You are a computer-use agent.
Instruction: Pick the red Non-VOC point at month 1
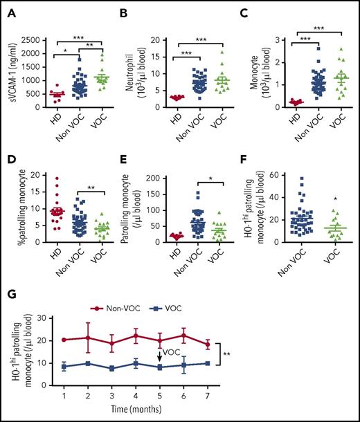pyautogui.click(x=63, y=340)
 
